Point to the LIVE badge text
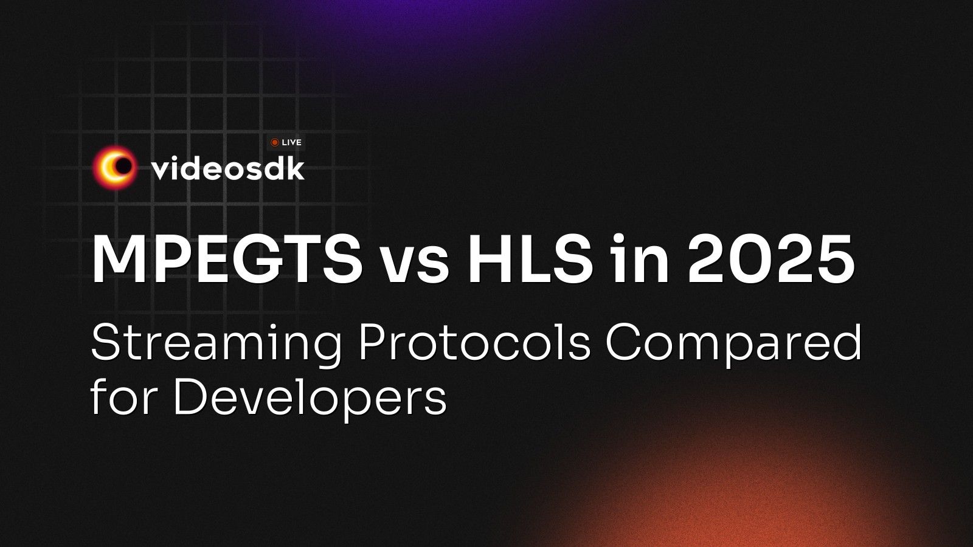coord(292,143)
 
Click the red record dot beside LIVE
coord(275,143)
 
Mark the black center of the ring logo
coord(123,166)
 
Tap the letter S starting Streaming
coord(105,342)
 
